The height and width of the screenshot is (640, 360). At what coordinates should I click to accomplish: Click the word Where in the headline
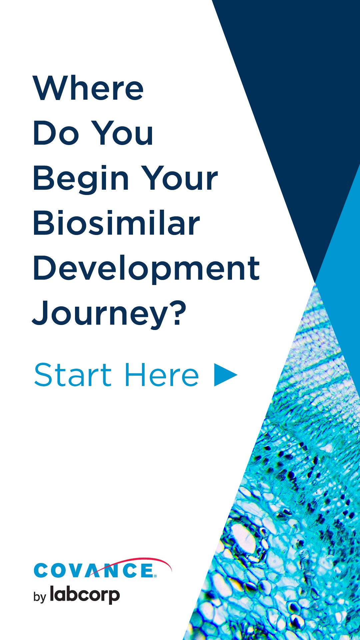point(88,88)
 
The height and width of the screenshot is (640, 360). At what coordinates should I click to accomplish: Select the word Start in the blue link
point(73,375)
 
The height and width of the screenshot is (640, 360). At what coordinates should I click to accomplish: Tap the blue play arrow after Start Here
point(225,375)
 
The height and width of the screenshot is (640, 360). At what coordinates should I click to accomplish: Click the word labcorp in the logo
point(85,595)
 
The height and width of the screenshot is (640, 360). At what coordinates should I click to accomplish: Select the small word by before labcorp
point(39,597)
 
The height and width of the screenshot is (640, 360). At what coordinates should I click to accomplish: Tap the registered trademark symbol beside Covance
point(155,576)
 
